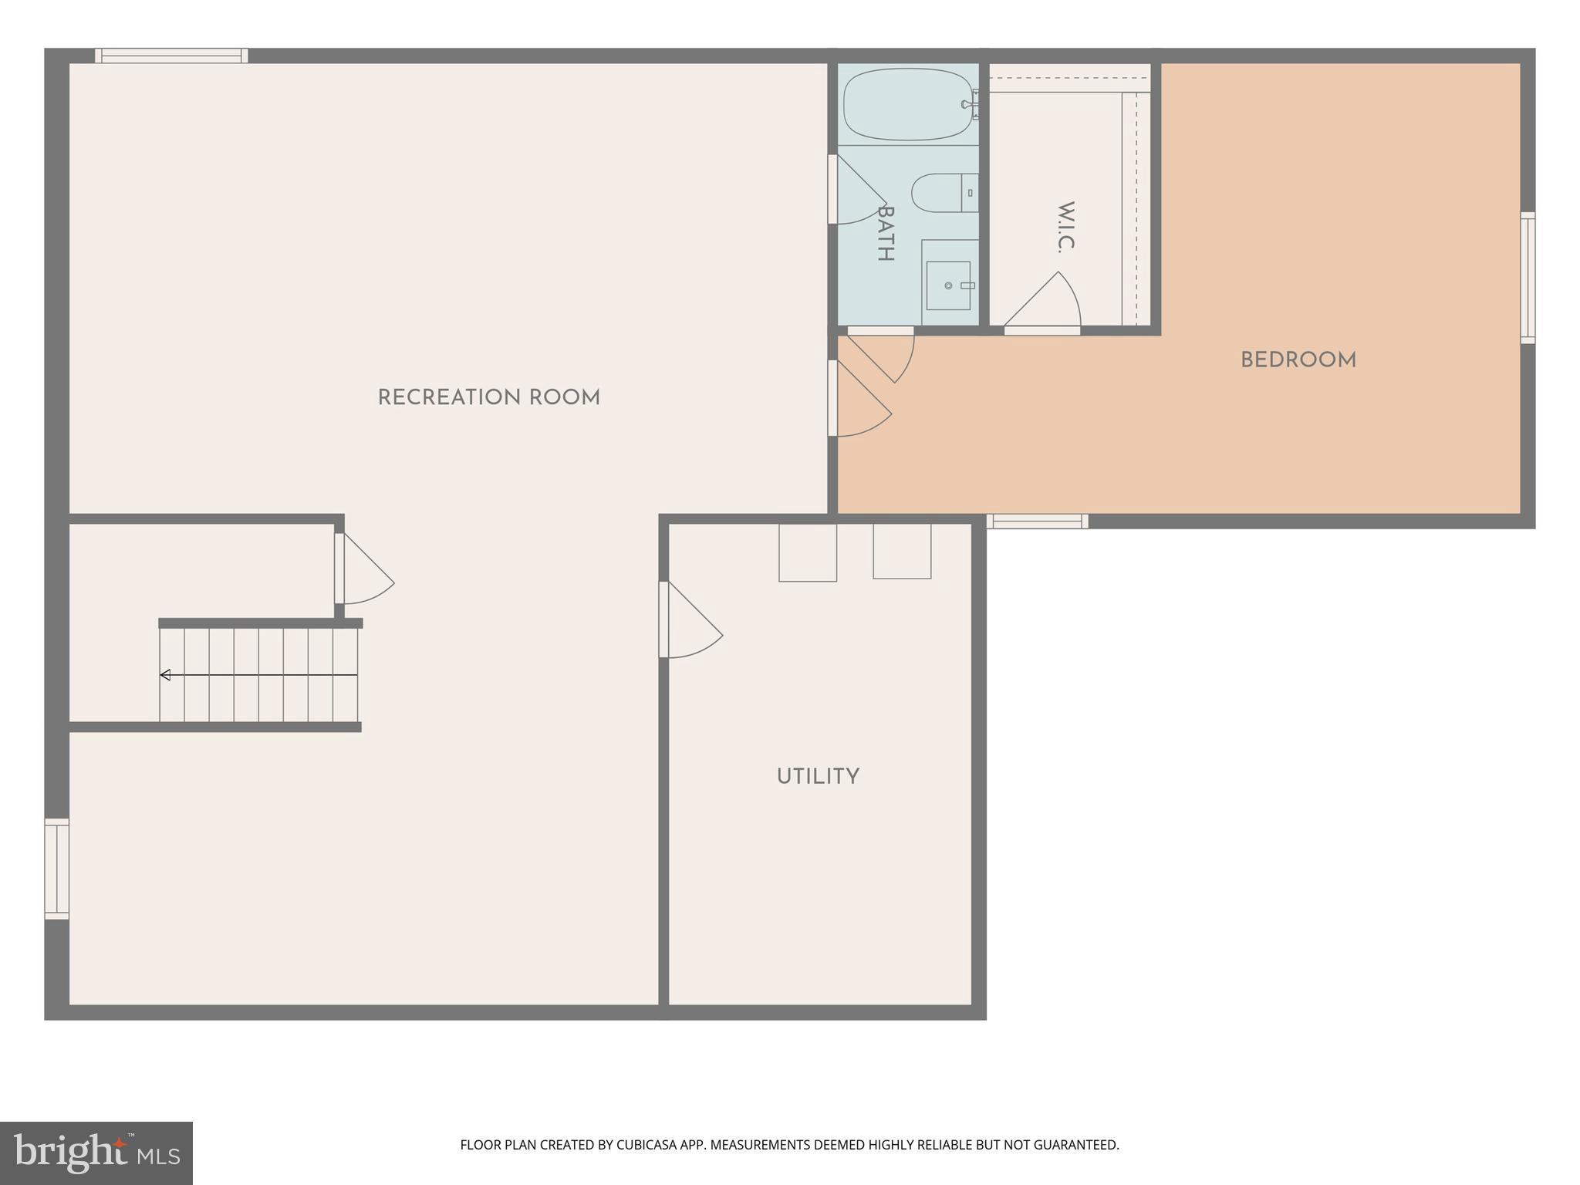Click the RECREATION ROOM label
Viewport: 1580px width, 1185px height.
[488, 398]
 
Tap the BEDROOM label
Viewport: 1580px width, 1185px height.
[1298, 360]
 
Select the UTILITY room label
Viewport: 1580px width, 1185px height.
[818, 776]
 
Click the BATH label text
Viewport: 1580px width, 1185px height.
[885, 234]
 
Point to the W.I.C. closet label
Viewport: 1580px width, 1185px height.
[1065, 227]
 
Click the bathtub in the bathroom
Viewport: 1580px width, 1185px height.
[908, 104]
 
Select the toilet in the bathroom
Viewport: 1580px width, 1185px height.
[943, 193]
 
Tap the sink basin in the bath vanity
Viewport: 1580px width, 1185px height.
[948, 285]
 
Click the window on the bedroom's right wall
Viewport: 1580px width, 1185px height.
[1528, 278]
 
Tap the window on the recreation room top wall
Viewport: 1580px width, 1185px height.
[171, 56]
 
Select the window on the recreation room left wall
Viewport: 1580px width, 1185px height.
[57, 869]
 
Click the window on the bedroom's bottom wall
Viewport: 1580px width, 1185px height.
[1037, 522]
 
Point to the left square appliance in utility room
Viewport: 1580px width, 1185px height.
[808, 552]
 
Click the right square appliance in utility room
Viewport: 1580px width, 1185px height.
[902, 551]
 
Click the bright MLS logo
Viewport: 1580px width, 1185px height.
[96, 1153]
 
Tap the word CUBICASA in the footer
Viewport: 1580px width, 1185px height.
[647, 1145]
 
